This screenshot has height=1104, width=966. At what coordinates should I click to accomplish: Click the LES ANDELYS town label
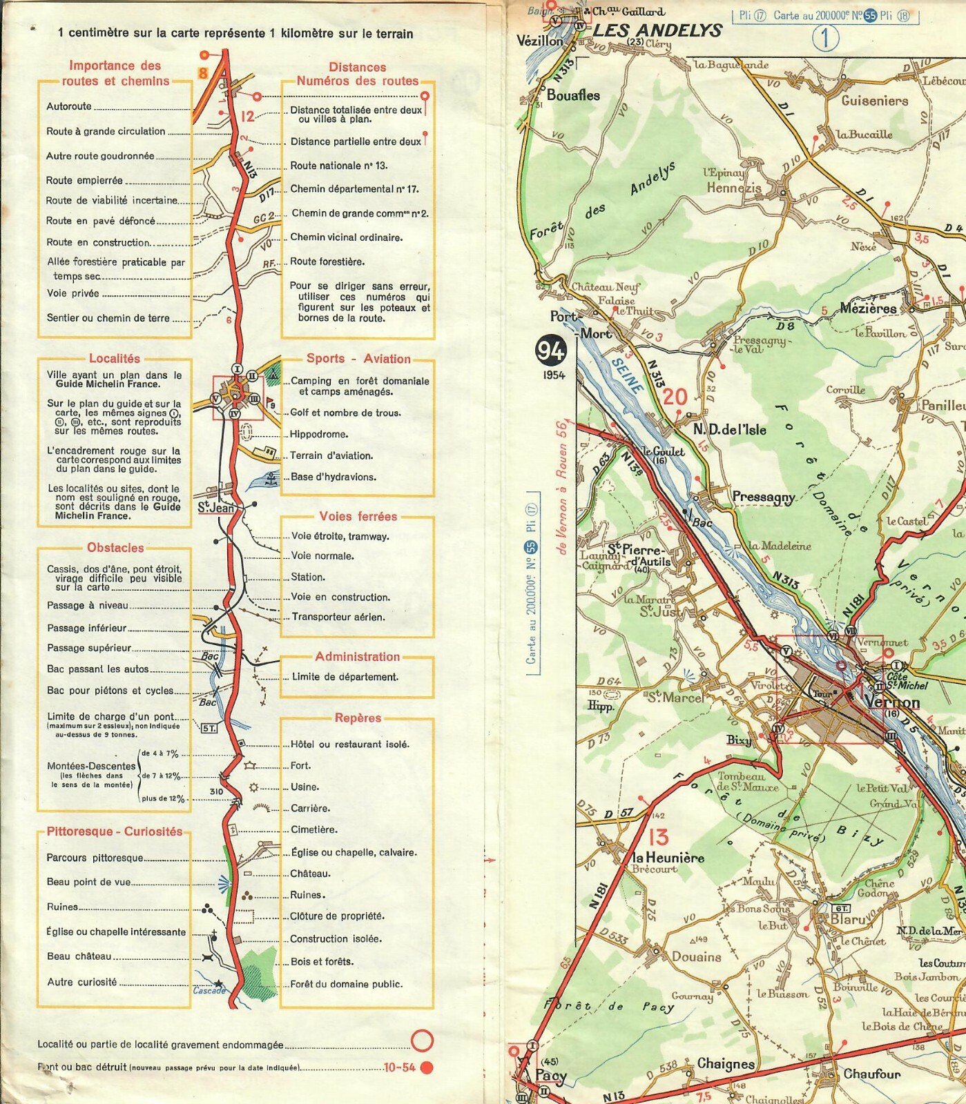[x=657, y=30]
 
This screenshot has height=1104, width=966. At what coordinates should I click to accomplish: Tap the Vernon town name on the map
[x=891, y=702]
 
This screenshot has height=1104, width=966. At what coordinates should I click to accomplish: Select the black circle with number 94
[x=550, y=351]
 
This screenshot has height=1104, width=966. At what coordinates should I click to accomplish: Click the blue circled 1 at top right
[x=824, y=38]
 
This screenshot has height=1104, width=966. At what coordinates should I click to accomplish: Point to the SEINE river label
[x=627, y=376]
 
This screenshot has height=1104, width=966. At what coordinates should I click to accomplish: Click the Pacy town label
[x=550, y=1075]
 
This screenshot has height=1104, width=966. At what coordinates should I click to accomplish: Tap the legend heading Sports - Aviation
[x=358, y=359]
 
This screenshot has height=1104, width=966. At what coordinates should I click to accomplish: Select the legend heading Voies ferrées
[x=358, y=516]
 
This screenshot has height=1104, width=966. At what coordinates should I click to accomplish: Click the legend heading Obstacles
[x=115, y=548]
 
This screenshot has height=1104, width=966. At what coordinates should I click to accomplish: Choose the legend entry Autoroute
[x=69, y=106]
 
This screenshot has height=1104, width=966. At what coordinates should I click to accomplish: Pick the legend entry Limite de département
[x=345, y=677]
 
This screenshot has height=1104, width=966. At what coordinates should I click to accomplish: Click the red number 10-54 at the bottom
[x=400, y=1067]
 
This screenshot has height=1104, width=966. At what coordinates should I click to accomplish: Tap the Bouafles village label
[x=573, y=95]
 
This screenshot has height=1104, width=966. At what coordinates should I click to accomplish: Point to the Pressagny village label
[x=763, y=497]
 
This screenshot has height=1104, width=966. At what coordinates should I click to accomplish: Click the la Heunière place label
[x=668, y=858]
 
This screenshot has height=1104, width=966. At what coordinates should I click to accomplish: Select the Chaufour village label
[x=871, y=1074]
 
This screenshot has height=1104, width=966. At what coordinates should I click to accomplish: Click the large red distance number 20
[x=675, y=397]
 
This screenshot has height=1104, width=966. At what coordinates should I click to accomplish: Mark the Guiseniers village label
[x=874, y=101]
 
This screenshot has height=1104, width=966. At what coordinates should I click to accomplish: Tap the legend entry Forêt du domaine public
[x=346, y=984]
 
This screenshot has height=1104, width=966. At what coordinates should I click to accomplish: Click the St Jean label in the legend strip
[x=215, y=508]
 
